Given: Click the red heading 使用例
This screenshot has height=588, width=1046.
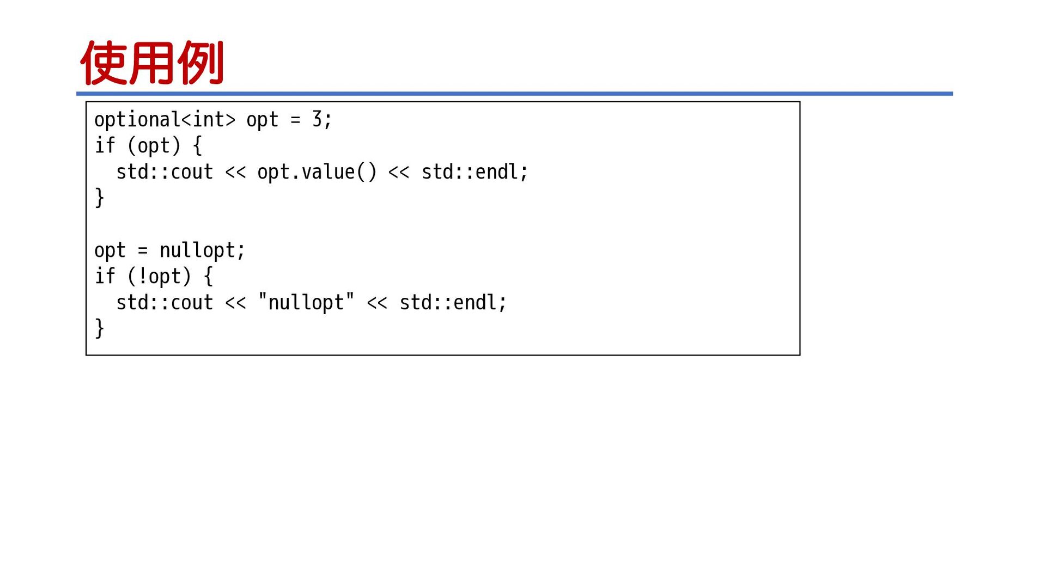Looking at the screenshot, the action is (x=152, y=63).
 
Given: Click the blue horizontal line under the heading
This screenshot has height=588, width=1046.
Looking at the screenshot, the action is (x=514, y=94).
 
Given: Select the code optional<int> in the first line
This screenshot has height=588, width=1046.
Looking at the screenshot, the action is (x=165, y=120).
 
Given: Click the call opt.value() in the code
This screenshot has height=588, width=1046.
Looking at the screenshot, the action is (x=317, y=172).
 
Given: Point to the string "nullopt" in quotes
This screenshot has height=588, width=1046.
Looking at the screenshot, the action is (x=306, y=302).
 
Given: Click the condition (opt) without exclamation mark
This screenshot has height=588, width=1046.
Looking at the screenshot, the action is (x=154, y=146).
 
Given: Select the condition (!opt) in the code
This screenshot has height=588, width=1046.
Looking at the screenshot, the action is (x=160, y=277).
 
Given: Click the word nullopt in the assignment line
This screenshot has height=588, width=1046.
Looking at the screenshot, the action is (x=197, y=250).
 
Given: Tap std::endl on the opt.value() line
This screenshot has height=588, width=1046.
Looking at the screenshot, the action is (x=470, y=172).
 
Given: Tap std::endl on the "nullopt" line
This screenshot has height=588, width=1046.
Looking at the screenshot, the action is (x=448, y=303).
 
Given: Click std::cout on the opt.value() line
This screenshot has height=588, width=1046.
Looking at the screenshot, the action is (x=165, y=172).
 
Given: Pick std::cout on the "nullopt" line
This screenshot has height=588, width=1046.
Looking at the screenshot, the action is (x=165, y=303).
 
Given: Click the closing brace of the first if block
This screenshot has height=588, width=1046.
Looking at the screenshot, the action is (x=99, y=198).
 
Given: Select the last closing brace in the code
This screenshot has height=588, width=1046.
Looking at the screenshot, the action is (x=99, y=328).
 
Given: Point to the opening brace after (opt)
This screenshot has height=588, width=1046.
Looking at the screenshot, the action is (x=197, y=146).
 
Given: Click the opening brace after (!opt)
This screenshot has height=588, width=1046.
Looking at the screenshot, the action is (x=208, y=277).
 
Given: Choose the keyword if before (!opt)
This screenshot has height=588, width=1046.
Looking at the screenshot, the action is (x=105, y=276).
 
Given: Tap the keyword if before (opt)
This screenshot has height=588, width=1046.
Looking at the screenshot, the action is (x=105, y=145).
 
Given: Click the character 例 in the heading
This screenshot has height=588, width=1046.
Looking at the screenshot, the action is (x=200, y=63).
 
